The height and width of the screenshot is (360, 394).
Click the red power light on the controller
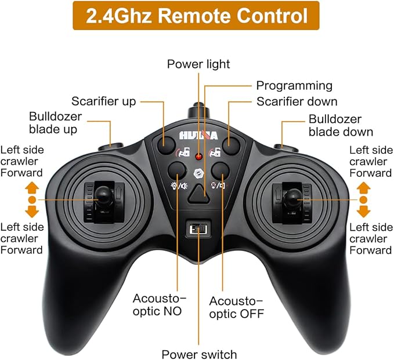(x=199, y=157)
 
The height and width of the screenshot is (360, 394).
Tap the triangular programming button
(x=198, y=194)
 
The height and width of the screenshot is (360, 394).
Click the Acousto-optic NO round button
(x=177, y=170)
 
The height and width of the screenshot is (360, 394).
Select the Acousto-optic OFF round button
(x=221, y=170)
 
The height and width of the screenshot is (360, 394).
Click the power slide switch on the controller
(x=198, y=229)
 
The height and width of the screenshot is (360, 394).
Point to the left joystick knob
(x=103, y=195)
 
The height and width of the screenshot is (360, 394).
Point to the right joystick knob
(x=292, y=198)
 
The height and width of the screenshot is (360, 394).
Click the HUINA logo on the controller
(x=198, y=136)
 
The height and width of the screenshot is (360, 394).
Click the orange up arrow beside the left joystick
(x=32, y=188)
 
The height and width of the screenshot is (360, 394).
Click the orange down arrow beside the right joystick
(x=363, y=212)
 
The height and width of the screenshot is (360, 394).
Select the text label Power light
(x=198, y=64)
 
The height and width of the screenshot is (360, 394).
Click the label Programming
(x=294, y=86)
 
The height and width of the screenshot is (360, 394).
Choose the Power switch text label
(x=199, y=354)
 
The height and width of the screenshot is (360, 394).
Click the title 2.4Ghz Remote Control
(x=197, y=16)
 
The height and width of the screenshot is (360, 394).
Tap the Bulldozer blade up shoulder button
(x=111, y=147)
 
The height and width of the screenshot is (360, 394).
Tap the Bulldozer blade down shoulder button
(x=286, y=148)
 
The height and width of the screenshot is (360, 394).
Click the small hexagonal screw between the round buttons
(x=198, y=174)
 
